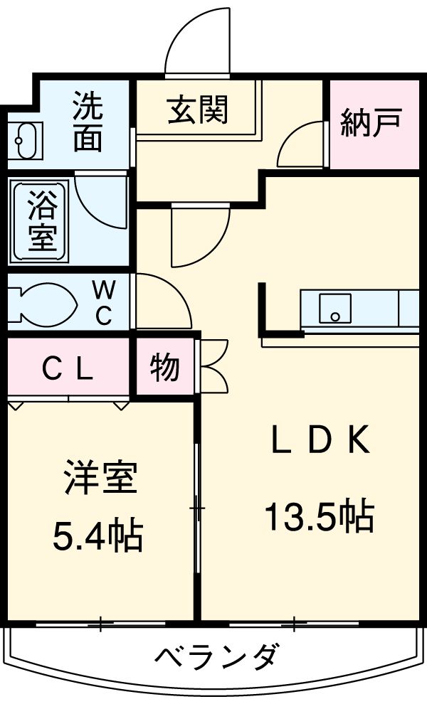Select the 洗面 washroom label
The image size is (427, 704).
pos(88,123)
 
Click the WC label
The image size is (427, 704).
pos(104,302)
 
